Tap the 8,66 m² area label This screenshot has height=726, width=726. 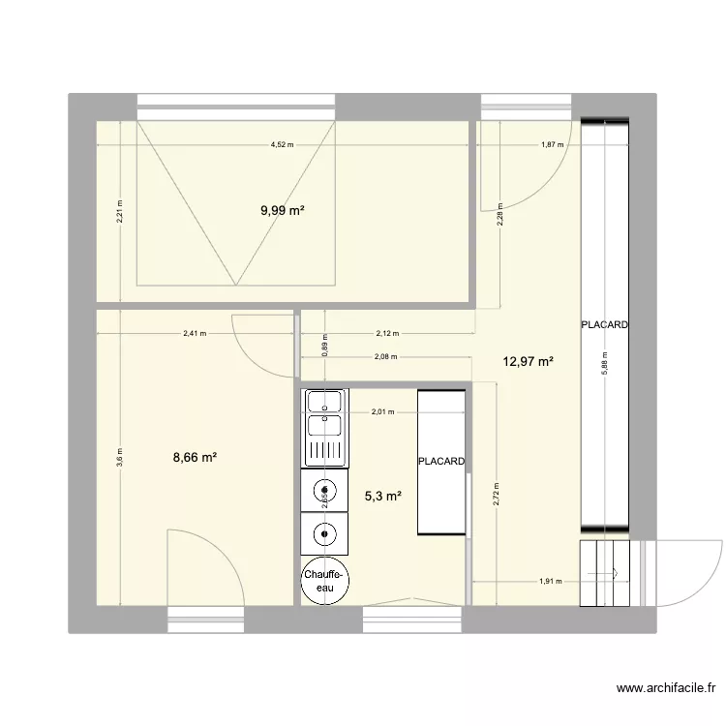(195, 458)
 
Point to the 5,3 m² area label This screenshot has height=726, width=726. (382, 497)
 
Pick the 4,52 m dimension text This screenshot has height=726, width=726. (283, 145)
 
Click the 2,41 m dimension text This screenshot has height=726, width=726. (195, 335)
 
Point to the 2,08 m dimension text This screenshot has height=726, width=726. (385, 357)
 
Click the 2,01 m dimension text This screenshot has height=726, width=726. (385, 413)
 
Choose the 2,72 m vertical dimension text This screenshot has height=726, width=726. (497, 495)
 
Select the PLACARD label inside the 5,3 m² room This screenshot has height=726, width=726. (442, 462)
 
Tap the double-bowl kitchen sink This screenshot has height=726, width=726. (324, 426)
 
